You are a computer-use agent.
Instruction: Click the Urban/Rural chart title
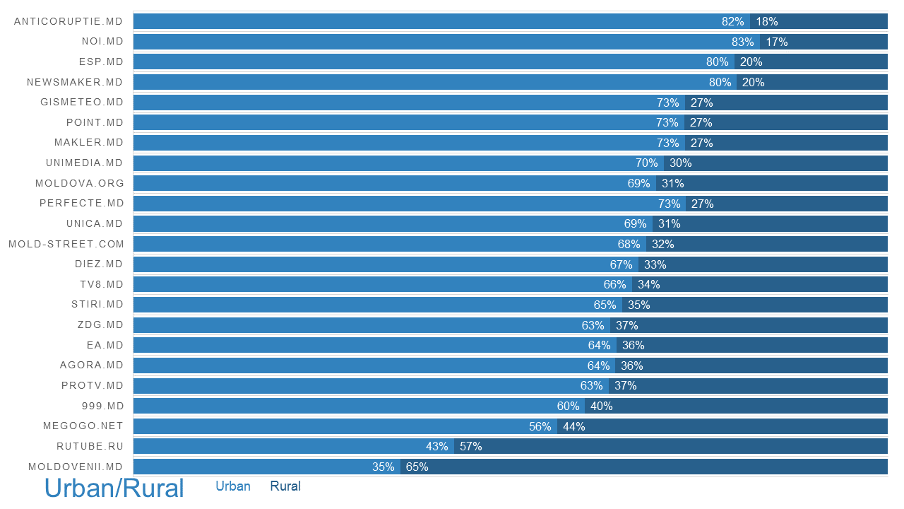pos(114,488)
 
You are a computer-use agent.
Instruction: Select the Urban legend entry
pos(233,486)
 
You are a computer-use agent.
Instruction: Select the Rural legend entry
pos(285,486)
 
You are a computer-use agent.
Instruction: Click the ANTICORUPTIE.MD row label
pos(69,21)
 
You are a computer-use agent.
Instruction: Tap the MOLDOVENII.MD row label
pos(76,467)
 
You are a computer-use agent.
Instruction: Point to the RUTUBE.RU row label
pos(90,446)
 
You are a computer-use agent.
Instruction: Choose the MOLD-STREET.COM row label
pos(66,244)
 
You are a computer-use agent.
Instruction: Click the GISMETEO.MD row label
pos(82,102)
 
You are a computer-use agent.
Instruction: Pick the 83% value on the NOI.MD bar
pos(743,42)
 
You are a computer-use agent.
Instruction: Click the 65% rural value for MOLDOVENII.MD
pos(417,467)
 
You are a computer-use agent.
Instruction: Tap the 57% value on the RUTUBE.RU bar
pos(470,446)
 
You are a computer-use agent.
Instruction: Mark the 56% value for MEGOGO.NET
pos(540,426)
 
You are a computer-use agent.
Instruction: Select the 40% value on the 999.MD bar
pos(601,406)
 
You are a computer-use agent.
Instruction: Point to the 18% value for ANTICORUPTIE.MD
pos(766,21)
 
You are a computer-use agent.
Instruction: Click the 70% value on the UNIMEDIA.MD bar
pos(646,163)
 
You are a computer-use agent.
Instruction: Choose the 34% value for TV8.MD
pos(648,284)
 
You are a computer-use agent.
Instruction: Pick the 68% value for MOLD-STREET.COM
pos(629,244)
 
